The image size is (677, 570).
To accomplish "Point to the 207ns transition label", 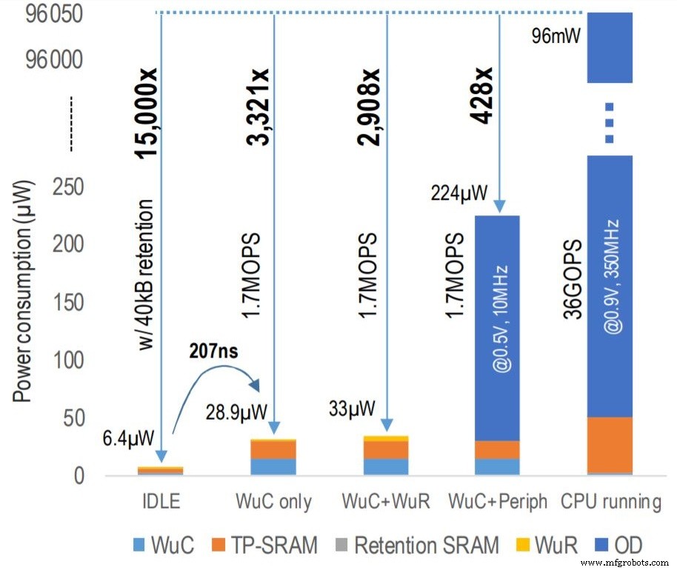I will pos(214,352).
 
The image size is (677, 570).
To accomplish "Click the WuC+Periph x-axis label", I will pos(498,503).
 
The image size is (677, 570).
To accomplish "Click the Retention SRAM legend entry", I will pos(426,546).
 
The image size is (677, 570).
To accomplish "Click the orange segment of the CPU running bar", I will pos(609,444).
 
